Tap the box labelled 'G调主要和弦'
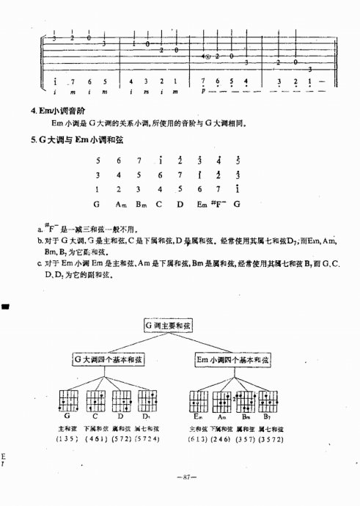click(x=167, y=323)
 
